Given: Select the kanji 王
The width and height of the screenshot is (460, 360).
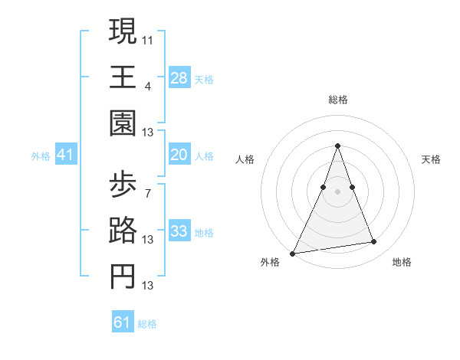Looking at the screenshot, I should coord(123,78).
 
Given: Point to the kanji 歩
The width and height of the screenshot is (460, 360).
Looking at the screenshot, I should coord(123,184).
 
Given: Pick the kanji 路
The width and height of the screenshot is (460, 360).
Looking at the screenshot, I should coord(123,232).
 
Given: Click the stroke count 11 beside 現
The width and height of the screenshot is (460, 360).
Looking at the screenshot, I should coord(148,40).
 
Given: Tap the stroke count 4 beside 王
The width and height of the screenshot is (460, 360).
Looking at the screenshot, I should coord(148,87).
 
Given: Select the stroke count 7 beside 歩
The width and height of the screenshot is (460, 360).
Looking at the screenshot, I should coord(148,192).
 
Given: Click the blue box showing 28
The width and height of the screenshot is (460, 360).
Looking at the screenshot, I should coord(179,78).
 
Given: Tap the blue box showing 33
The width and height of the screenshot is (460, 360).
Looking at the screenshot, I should coord(179,232).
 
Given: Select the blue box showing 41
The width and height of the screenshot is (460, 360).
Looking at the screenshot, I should coord(65,155).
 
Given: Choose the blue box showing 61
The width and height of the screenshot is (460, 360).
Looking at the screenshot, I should coord(122,322).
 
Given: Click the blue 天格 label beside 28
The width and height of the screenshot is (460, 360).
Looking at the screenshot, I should coord(204,79).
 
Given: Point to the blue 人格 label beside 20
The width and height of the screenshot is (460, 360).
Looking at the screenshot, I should coord(204,156).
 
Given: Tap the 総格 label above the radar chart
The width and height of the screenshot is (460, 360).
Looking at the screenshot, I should coord(338,100).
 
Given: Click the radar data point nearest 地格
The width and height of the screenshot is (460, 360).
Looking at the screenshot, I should coord(374,242).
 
